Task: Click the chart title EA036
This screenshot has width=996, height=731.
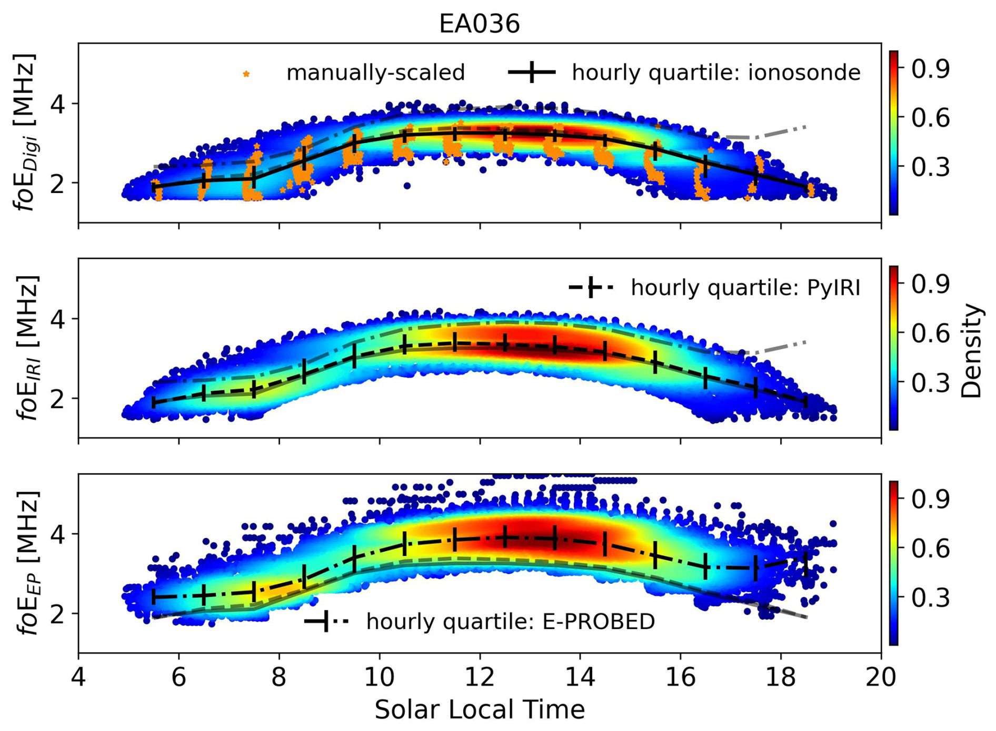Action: click(479, 24)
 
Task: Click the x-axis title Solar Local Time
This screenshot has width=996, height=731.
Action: click(479, 709)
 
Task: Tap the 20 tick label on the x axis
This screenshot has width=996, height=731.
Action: click(881, 677)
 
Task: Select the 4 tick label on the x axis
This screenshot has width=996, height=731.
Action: click(78, 677)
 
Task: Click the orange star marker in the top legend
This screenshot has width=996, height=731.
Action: click(246, 74)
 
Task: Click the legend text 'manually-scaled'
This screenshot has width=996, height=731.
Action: click(375, 73)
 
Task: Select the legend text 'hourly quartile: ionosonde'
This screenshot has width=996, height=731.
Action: click(716, 73)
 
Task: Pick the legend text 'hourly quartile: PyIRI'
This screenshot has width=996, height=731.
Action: click(745, 288)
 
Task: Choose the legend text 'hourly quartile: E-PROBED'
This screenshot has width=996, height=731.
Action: click(511, 622)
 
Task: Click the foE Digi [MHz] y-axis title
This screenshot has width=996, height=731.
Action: click(25, 131)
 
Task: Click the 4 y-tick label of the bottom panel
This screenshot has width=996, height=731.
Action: click(58, 534)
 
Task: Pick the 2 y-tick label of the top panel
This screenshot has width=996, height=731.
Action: click(58, 183)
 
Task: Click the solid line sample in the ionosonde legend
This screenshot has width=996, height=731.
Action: click(532, 72)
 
